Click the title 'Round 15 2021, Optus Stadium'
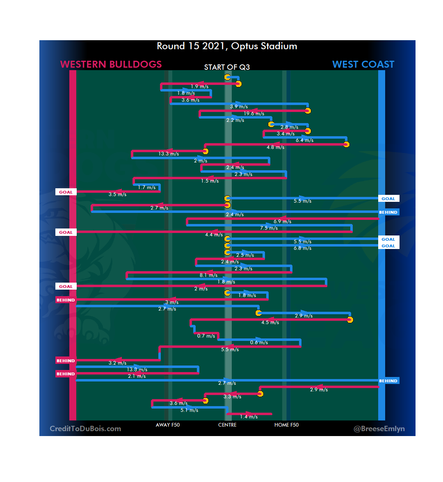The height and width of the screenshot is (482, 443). pyautogui.click(x=227, y=46)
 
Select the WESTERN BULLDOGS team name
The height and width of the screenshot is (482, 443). pyautogui.click(x=111, y=64)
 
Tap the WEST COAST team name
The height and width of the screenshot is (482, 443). pyautogui.click(x=363, y=64)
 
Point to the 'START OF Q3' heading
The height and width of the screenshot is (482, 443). pyautogui.click(x=227, y=67)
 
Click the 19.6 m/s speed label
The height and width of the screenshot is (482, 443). pyautogui.click(x=254, y=114)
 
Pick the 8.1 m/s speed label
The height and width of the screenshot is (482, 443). pyautogui.click(x=208, y=275)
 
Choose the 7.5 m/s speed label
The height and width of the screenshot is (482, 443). pyautogui.click(x=269, y=228)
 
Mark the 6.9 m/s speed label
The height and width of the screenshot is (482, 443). pyautogui.click(x=282, y=222)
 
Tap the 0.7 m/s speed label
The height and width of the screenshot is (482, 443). pyautogui.click(x=206, y=336)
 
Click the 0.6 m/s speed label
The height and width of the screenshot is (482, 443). pyautogui.click(x=259, y=343)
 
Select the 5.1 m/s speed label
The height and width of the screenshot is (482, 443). pyautogui.click(x=189, y=410)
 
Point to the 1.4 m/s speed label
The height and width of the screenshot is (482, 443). pyautogui.click(x=249, y=417)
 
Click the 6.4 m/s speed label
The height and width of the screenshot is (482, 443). pyautogui.click(x=304, y=140)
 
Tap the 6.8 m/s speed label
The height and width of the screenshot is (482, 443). pyautogui.click(x=302, y=248)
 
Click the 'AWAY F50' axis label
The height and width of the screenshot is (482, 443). pyautogui.click(x=167, y=425)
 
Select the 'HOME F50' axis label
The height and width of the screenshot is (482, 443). pyautogui.click(x=286, y=425)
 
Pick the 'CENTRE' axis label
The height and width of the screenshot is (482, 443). pyautogui.click(x=227, y=425)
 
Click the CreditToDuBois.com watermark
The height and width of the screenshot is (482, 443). pyautogui.click(x=85, y=429)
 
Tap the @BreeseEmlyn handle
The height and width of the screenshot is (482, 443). pyautogui.click(x=379, y=429)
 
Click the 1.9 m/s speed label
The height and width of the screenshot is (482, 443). pyautogui.click(x=199, y=87)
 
